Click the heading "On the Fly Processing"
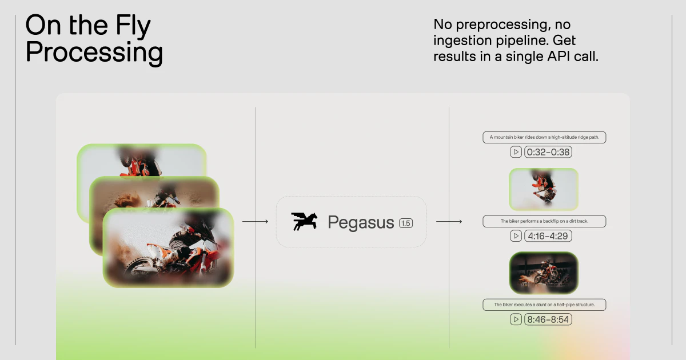click(x=94, y=39)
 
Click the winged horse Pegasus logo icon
click(x=304, y=222)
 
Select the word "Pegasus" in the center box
click(x=361, y=222)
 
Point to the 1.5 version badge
click(x=405, y=223)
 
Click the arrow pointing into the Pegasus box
click(x=255, y=221)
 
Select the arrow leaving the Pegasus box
click(x=449, y=221)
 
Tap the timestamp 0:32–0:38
click(x=549, y=152)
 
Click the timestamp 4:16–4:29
click(x=549, y=236)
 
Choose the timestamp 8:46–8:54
click(x=549, y=319)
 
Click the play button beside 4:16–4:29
click(x=516, y=236)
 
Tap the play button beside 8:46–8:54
click(x=516, y=319)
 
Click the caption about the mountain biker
click(x=544, y=137)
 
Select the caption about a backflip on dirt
click(x=544, y=221)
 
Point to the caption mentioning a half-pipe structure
click(x=544, y=305)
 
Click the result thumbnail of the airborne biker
click(x=544, y=189)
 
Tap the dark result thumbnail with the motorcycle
click(x=544, y=273)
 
